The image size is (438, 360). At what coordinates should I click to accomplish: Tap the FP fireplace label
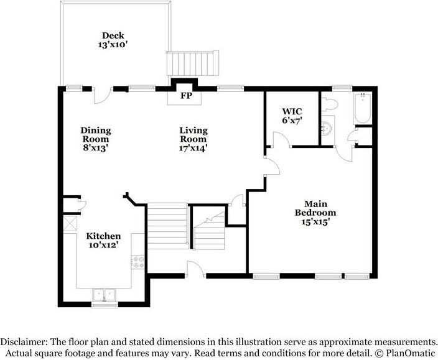pos(185,97)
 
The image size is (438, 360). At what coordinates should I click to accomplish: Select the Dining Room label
pos(95,131)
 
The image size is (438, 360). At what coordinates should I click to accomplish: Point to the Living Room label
pos(193,131)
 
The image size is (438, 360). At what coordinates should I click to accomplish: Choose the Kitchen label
pos(103,237)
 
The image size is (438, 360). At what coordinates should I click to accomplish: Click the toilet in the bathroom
pos(330,103)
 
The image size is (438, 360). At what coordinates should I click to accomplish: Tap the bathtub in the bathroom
pos(362,108)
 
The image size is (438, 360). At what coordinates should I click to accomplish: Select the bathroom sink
pos(327,129)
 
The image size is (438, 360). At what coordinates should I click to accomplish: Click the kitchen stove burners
pos(138,262)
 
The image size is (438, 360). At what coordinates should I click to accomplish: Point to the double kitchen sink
pos(104,294)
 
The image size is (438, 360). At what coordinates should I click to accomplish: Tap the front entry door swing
pos(196,267)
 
